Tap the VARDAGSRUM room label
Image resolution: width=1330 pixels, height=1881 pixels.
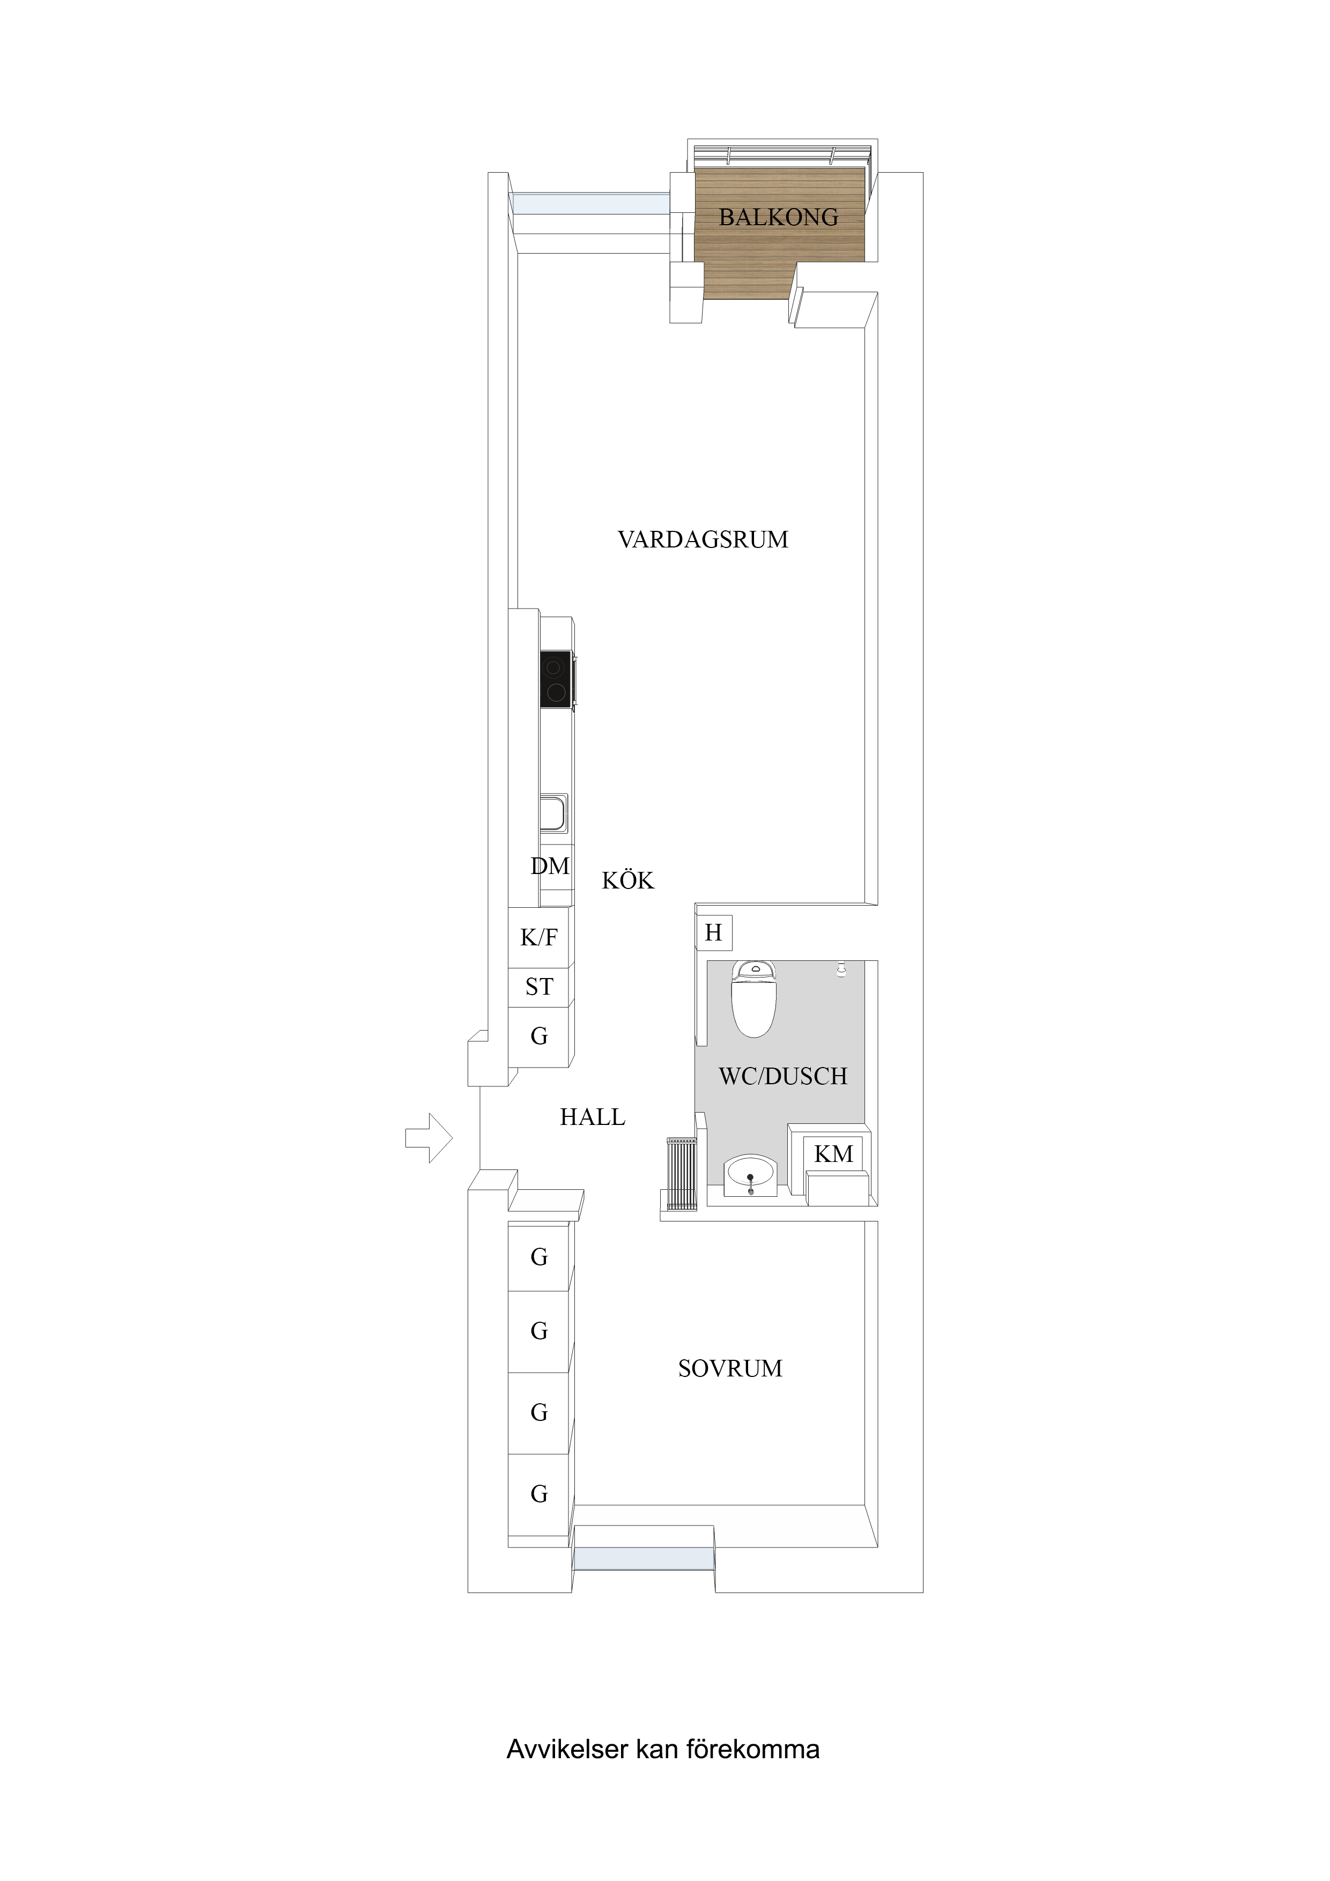pyautogui.click(x=703, y=539)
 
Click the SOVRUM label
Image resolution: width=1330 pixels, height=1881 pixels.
pyautogui.click(x=729, y=1368)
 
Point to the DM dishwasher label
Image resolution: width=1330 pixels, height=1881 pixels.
pyautogui.click(x=550, y=866)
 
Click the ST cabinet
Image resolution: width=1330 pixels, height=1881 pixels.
pyautogui.click(x=538, y=987)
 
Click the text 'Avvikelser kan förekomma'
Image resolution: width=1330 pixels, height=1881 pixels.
pyautogui.click(x=662, y=1749)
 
